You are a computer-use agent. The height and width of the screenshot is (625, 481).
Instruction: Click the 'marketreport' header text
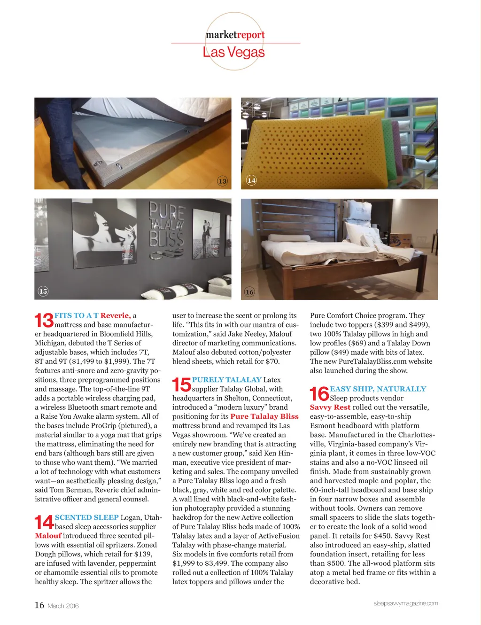[235, 35]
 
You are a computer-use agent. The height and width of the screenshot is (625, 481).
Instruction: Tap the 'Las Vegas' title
[233, 52]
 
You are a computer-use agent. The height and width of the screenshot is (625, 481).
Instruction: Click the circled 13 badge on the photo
[222, 181]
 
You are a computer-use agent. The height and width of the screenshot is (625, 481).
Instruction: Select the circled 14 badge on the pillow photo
[251, 180]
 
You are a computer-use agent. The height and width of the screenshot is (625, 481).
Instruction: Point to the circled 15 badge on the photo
[43, 291]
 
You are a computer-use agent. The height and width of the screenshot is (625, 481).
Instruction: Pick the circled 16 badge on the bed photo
[249, 292]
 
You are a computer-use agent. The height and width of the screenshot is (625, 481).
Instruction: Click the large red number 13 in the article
[44, 320]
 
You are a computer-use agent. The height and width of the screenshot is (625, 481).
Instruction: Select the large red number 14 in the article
[44, 522]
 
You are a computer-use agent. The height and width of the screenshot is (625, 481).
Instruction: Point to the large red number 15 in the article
[182, 384]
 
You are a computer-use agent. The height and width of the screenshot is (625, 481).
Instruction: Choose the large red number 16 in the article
[319, 394]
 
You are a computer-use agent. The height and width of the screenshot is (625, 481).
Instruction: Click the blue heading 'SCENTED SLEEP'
[86, 517]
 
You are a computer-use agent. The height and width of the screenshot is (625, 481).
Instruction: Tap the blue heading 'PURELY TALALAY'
[226, 380]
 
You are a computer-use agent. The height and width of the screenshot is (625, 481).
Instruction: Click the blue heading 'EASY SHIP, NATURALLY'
[378, 389]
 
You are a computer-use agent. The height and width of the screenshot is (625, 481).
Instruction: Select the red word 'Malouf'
[48, 536]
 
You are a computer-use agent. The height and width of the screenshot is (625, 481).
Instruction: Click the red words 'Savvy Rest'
[330, 407]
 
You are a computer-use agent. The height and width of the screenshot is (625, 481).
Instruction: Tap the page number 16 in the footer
[39, 605]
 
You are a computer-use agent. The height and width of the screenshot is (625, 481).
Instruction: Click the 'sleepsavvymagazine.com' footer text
[405, 603]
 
